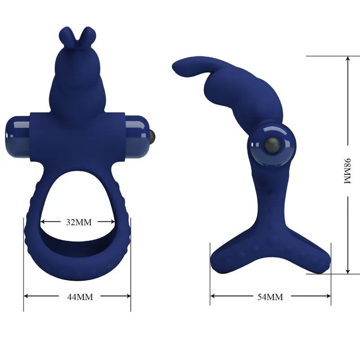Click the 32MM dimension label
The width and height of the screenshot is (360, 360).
click(77, 222)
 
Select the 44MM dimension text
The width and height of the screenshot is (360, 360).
click(77, 297)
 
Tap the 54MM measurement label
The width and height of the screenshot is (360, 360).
click(270, 297)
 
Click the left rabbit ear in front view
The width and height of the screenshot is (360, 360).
click(65, 36)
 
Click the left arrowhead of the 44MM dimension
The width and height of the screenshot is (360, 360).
click(26, 296)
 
